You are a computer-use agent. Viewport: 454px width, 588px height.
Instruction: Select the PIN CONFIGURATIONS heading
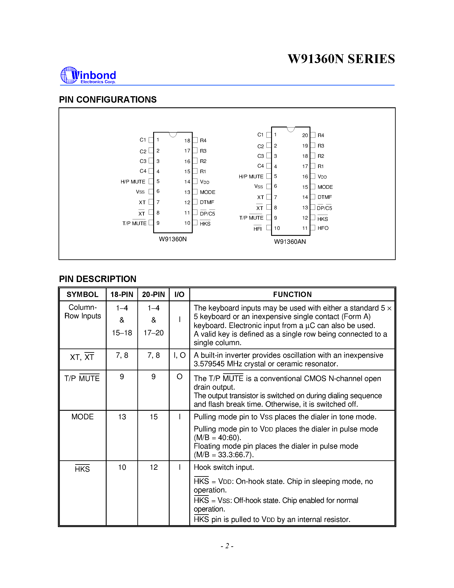(108, 100)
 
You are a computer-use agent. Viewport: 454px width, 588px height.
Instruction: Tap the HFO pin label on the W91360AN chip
(323, 228)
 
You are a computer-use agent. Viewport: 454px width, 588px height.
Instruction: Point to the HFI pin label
(257, 229)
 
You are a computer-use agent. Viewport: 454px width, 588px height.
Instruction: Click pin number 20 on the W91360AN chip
(305, 135)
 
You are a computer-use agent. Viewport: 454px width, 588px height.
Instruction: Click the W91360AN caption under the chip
(290, 241)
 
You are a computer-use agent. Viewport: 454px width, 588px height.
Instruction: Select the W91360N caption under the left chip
(173, 239)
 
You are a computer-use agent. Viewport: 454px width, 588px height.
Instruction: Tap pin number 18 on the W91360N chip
(187, 140)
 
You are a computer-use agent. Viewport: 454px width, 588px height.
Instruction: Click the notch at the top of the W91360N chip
(173, 134)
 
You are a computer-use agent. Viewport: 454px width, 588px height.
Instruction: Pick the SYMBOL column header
(82, 294)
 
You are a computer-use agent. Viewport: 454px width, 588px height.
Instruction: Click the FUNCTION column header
(292, 294)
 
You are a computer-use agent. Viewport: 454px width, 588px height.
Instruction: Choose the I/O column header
(179, 294)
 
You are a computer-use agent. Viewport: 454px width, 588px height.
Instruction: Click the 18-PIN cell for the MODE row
(122, 417)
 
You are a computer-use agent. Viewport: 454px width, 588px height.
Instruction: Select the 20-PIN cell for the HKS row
(154, 467)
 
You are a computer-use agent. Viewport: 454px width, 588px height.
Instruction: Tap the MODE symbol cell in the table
(82, 417)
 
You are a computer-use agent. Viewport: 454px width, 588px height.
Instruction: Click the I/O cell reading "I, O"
(179, 355)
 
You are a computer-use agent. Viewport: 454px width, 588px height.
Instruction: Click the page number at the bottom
(227, 546)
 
